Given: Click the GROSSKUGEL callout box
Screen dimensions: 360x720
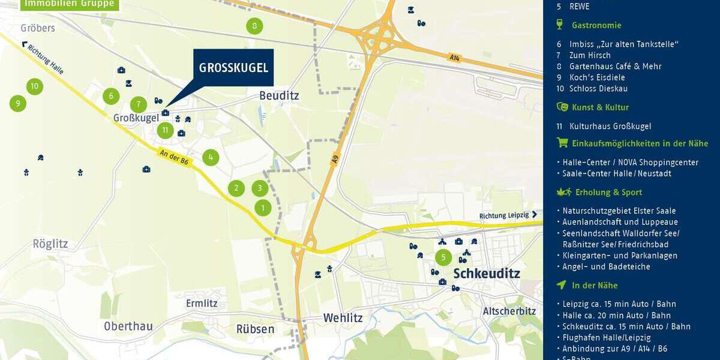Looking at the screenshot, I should [233, 67].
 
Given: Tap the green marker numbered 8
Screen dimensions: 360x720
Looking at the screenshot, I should [254, 26].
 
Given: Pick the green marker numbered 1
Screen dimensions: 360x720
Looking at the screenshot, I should [263, 208].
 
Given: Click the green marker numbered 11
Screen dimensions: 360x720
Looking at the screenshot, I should [166, 130].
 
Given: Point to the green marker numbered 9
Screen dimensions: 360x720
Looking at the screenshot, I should [18, 104].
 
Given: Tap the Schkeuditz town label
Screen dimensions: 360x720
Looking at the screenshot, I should [487, 274].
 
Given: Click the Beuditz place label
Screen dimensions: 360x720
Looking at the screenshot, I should [278, 95].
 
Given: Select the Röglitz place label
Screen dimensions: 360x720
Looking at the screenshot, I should [50, 244].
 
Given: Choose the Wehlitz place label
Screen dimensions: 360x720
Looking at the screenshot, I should [343, 317].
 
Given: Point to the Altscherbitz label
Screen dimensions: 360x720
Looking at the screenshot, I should [509, 311].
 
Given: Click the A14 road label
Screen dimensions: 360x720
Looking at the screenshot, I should [454, 58].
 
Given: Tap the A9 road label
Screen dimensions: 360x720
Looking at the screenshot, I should [335, 160].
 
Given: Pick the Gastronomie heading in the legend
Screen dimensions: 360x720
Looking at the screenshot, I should [596, 25].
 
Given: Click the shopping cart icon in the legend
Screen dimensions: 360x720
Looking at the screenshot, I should [562, 143].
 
